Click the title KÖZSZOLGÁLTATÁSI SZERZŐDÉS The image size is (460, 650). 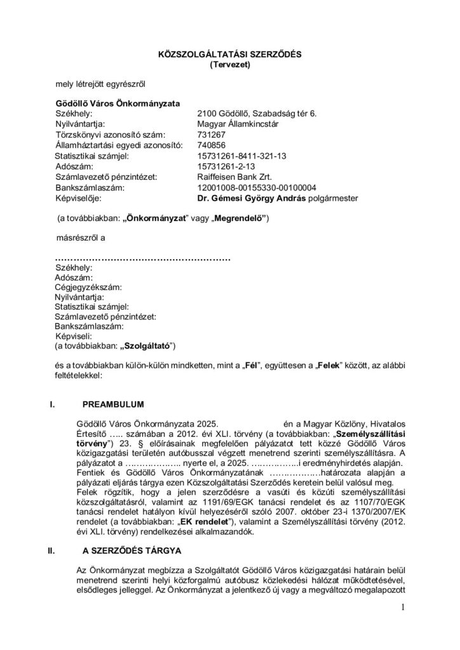[x=229, y=55]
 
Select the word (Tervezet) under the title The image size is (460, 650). [x=230, y=64]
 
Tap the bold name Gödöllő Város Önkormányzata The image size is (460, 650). [x=118, y=103]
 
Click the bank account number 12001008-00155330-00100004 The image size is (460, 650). [x=257, y=187]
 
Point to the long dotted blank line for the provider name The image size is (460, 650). [x=142, y=259]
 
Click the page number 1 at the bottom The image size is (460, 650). [x=403, y=607]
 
